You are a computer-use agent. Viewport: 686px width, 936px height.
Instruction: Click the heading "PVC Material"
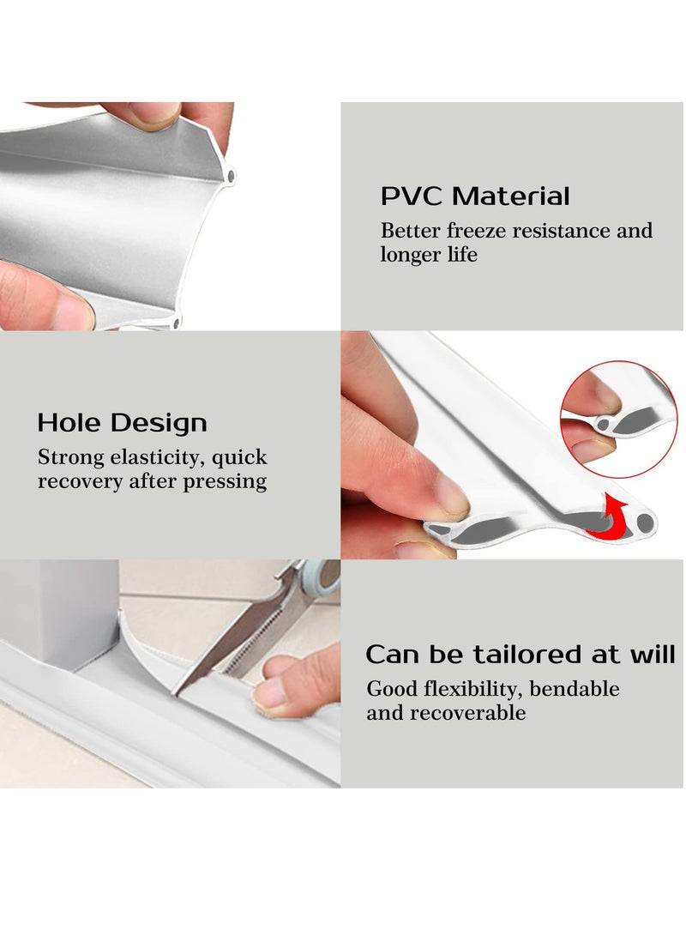tap(475, 196)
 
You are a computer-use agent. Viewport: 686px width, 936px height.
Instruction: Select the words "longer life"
tap(429, 255)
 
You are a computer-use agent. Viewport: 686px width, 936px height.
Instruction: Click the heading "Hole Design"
tap(122, 423)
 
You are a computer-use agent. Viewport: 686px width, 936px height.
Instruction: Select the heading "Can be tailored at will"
tap(521, 655)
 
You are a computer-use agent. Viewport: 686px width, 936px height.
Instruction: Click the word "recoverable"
tap(467, 713)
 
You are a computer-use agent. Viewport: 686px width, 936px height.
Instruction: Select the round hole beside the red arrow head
tap(643, 521)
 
